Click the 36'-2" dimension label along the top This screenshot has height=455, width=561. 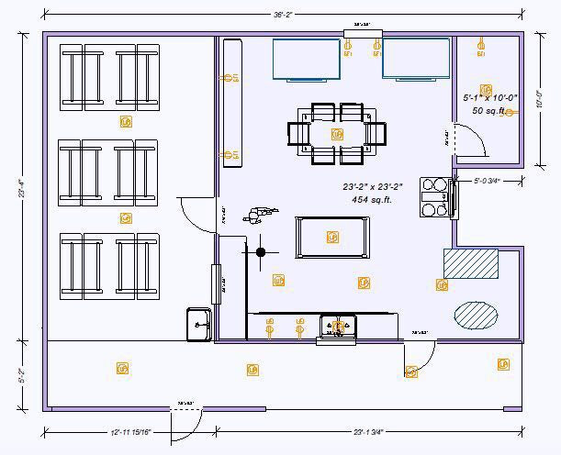tap(282, 15)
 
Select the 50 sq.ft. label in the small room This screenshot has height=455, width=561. tap(490, 110)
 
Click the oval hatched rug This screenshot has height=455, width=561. tap(477, 315)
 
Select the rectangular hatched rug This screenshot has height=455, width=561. tap(471, 264)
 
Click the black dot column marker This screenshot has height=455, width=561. tap(261, 251)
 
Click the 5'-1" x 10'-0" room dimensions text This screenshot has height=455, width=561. tap(490, 96)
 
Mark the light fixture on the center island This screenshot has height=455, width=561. tap(331, 238)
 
